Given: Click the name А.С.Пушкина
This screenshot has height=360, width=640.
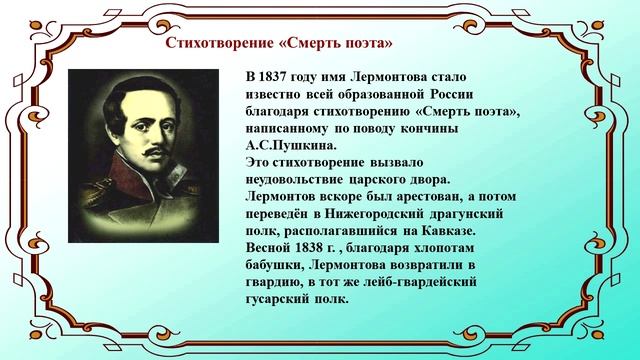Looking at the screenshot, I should coord(286,145).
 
